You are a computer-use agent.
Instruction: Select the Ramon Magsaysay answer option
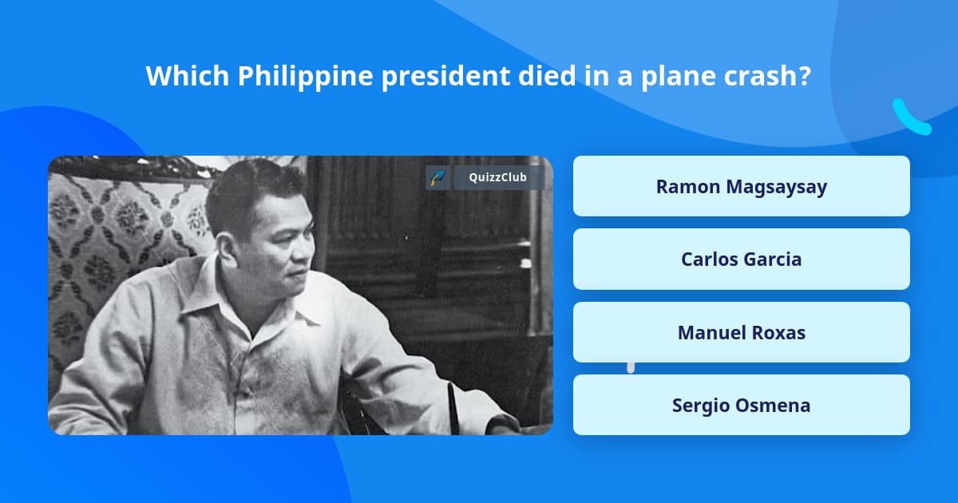(741, 186)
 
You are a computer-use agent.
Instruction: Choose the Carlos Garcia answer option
(741, 259)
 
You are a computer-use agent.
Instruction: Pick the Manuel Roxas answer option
(741, 332)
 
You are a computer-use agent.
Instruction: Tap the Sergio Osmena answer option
(741, 405)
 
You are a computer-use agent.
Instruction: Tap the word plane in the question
(673, 77)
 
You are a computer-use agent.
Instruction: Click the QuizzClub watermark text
(497, 177)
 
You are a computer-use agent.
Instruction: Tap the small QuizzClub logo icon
(437, 177)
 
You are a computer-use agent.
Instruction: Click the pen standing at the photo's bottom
(452, 407)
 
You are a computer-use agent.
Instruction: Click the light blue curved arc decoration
(909, 118)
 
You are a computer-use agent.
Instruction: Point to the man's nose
(302, 244)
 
